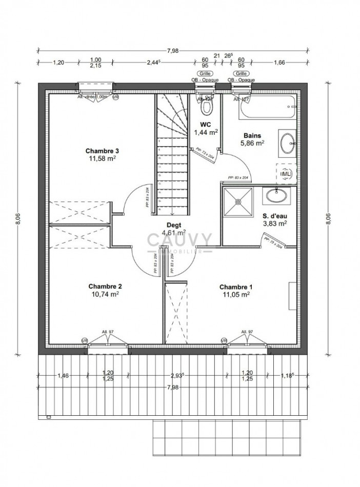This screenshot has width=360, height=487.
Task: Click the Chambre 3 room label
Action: tap(103, 151)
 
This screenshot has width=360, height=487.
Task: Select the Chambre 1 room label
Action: tap(235, 287)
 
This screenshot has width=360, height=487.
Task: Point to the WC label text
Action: tap(206, 124)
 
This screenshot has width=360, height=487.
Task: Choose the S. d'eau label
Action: tap(274, 215)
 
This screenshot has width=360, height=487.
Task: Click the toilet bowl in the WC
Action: tap(207, 106)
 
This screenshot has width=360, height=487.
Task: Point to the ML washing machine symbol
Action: tap(286, 173)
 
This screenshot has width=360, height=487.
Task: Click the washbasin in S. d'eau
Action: tap(276, 195)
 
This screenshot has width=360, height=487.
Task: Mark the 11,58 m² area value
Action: tap(103, 159)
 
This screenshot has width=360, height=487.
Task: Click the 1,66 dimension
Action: tap(279, 63)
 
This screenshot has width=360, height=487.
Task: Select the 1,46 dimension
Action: tap(63, 375)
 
